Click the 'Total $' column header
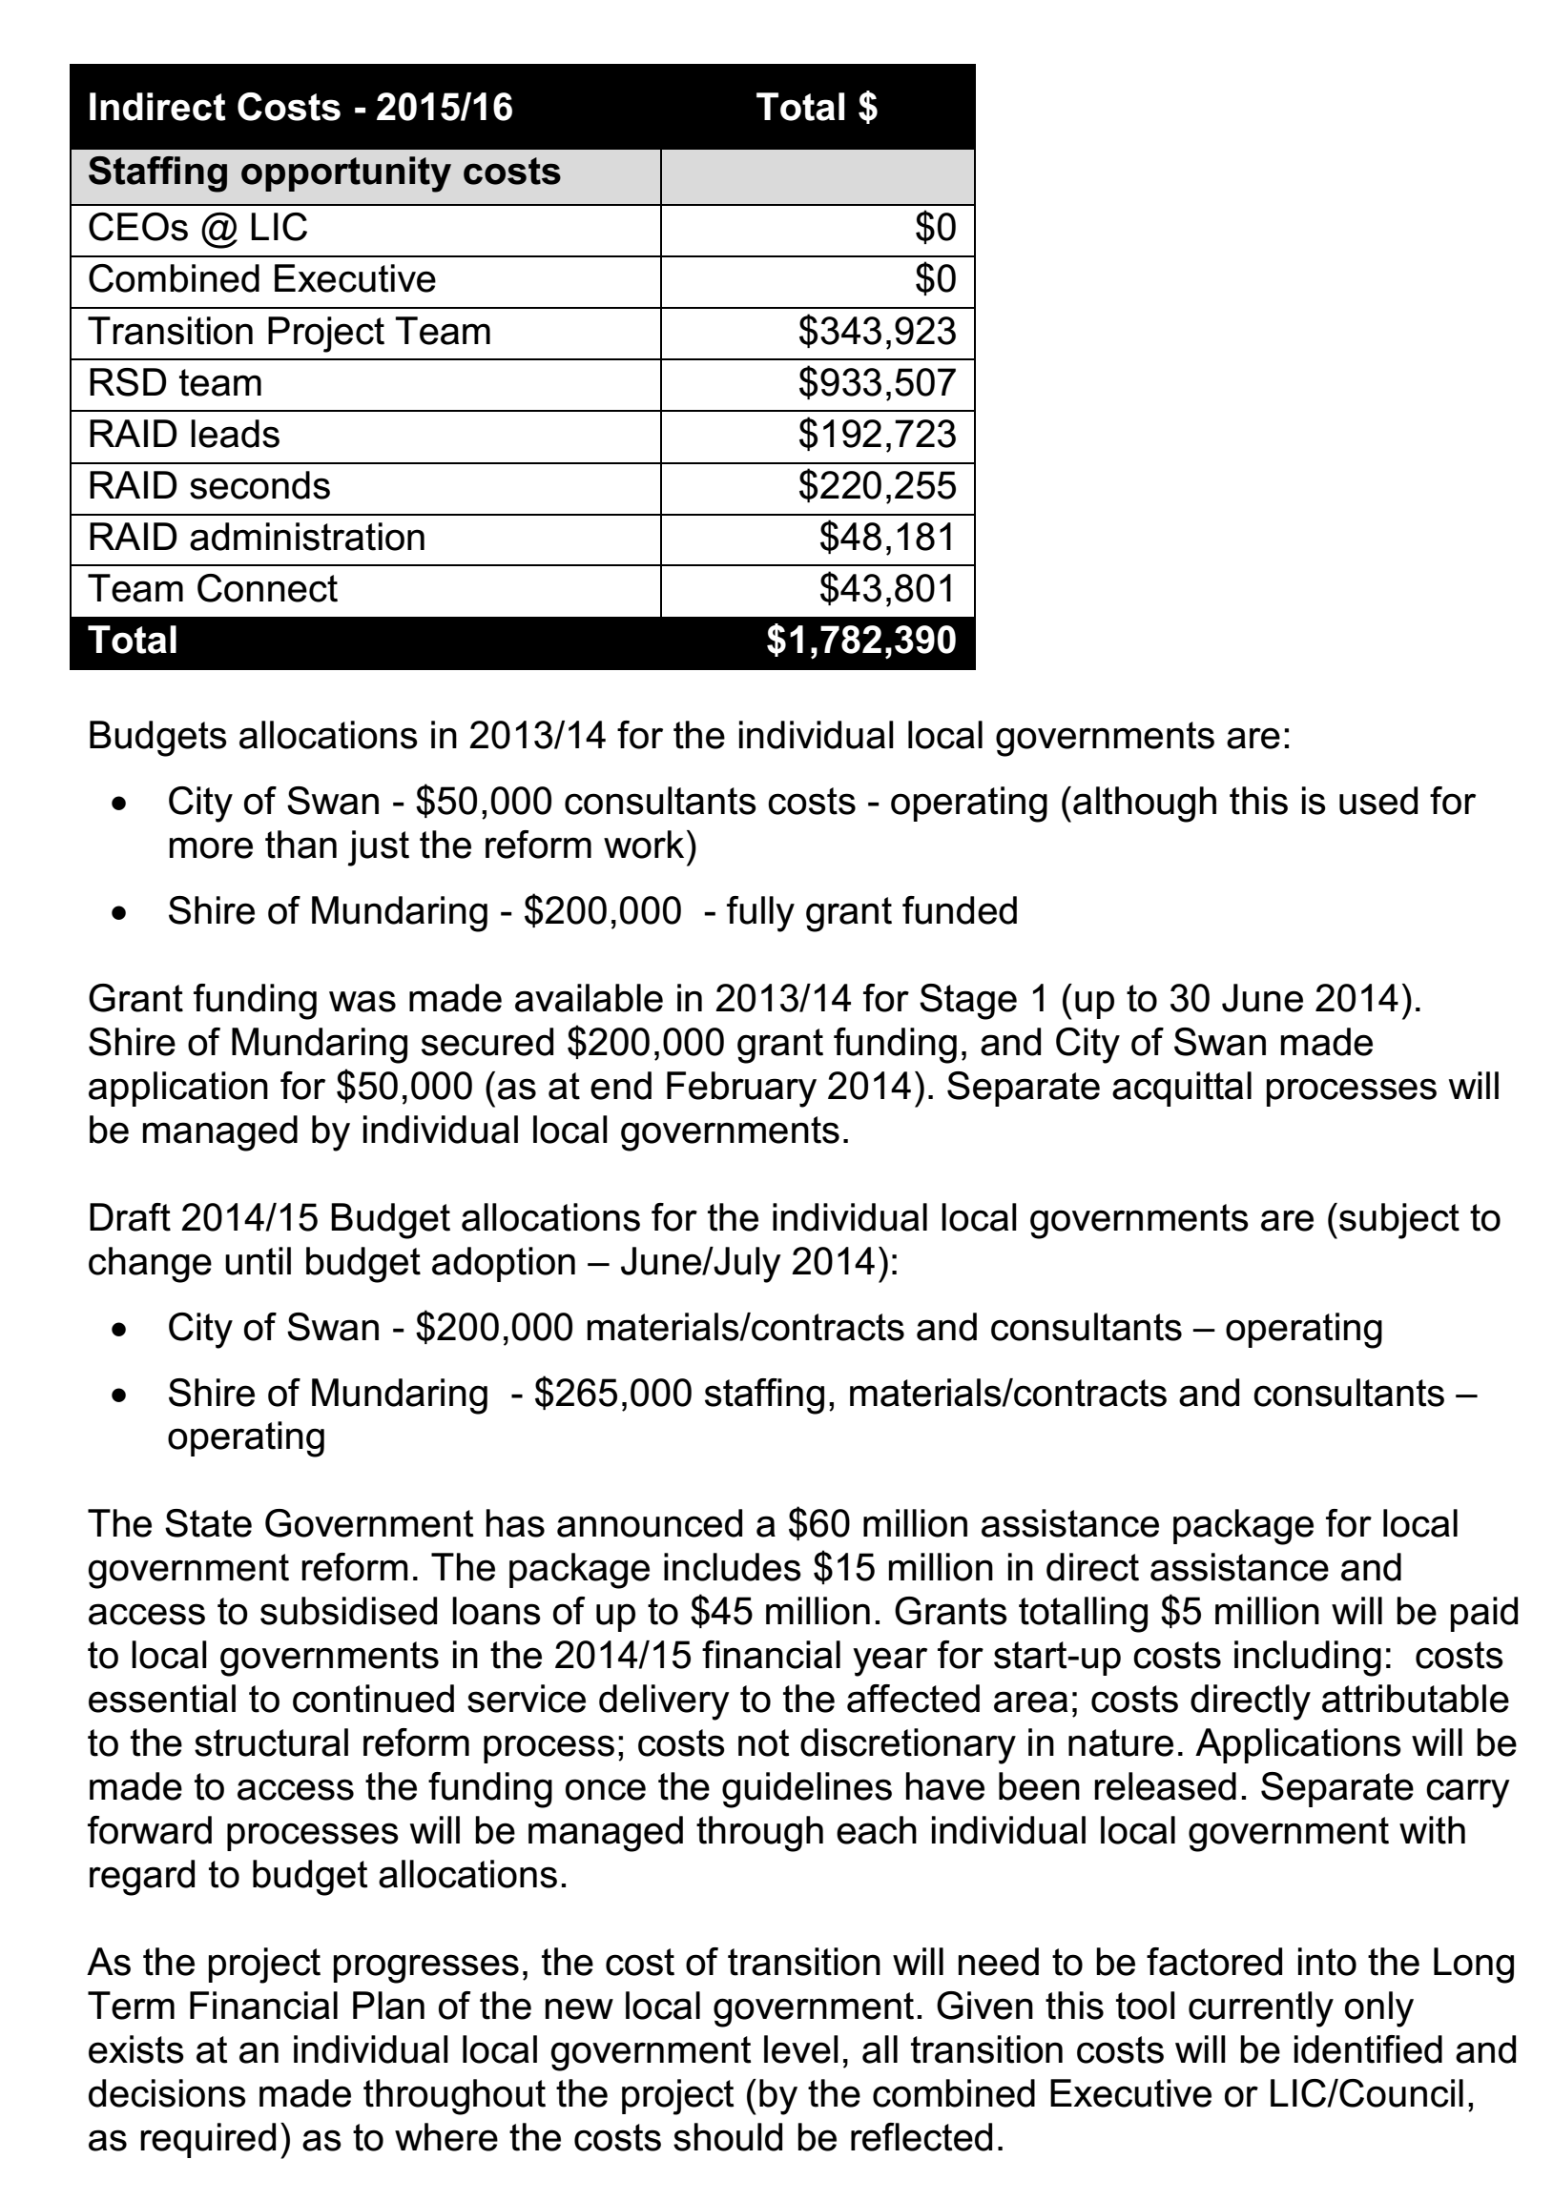(816, 108)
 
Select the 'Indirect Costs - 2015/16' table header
(300, 108)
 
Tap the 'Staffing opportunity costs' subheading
(324, 173)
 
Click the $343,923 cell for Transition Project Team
(877, 332)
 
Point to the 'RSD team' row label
(175, 383)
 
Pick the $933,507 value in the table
(877, 383)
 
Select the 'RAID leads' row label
(183, 435)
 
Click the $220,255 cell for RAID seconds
(877, 487)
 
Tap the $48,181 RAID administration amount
(887, 538)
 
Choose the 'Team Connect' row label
(212, 589)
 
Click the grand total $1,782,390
(860, 641)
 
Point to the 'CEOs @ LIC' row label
(197, 228)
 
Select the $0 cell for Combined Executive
(935, 280)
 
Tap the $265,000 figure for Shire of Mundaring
(612, 1394)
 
